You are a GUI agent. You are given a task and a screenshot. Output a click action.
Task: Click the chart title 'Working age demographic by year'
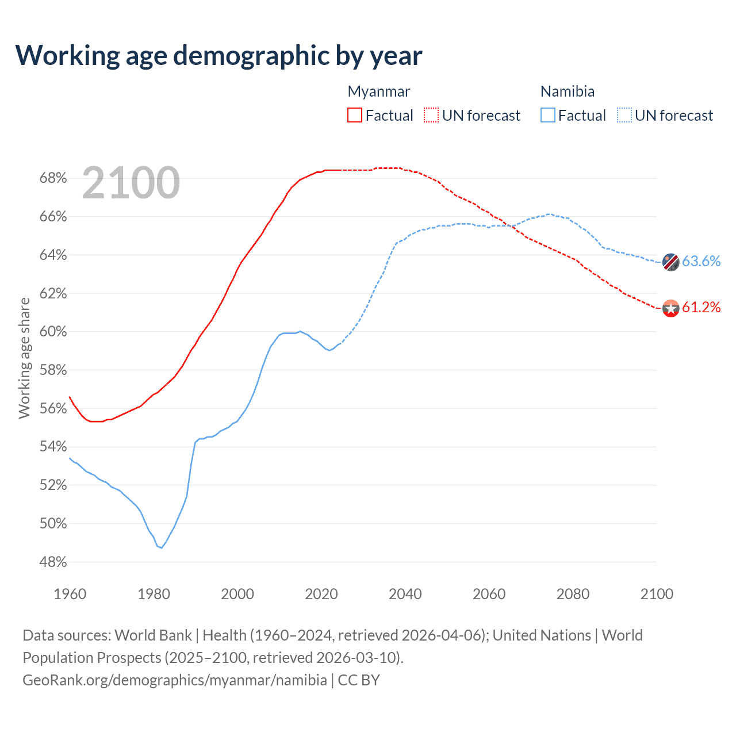tap(218, 56)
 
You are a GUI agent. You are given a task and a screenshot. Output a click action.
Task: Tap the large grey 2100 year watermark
tap(131, 183)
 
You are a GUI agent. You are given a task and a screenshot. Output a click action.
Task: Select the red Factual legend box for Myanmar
tap(355, 115)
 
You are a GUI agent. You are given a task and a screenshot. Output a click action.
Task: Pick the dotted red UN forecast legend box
tap(431, 115)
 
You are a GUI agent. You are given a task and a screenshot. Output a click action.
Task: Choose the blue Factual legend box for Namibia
tap(548, 115)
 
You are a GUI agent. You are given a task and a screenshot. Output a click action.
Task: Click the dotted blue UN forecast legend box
tap(624, 115)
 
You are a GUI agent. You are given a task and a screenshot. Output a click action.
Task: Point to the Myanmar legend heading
tap(379, 91)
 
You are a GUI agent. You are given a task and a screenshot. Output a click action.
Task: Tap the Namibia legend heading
tap(568, 91)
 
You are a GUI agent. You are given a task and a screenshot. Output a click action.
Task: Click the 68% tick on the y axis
tap(53, 178)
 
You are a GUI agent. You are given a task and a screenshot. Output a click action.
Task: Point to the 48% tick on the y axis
tap(53, 562)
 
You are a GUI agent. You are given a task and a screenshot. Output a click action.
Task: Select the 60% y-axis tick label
tap(53, 332)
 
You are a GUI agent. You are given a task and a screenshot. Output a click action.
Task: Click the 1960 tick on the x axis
tap(70, 594)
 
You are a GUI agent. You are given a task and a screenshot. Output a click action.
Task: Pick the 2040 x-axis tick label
tap(405, 594)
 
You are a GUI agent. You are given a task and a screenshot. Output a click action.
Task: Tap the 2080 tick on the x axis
tap(573, 594)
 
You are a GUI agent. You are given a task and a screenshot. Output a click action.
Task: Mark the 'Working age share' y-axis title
tap(24, 358)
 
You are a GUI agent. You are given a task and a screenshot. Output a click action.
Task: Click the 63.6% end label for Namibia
tap(701, 261)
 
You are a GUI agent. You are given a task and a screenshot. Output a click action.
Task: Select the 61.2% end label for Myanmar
tap(701, 308)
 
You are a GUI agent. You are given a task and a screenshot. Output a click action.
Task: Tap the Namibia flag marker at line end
tap(671, 262)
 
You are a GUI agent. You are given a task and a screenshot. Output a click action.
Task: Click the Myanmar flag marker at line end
tap(671, 308)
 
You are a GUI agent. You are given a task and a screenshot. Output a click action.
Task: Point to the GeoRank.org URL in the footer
tap(175, 680)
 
